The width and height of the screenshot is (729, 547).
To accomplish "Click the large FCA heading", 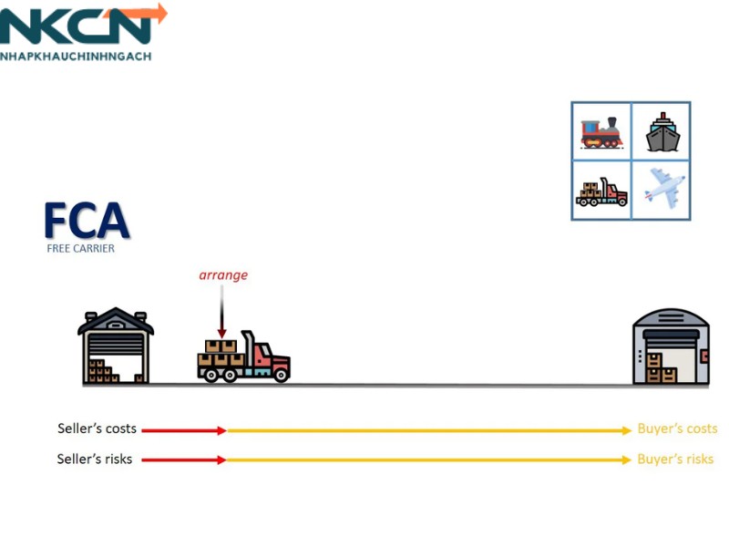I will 87,222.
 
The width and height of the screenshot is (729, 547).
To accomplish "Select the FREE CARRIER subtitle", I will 81,248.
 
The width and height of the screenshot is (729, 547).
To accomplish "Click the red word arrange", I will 223,274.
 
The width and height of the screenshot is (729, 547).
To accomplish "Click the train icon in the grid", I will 601,133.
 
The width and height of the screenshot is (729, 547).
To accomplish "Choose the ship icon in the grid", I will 662,133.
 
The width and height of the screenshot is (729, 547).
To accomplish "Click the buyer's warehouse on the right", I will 671,347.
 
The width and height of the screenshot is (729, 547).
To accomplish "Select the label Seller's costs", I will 97,428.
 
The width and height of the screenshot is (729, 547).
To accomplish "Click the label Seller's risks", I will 95,459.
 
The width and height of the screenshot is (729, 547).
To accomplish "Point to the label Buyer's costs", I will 677,428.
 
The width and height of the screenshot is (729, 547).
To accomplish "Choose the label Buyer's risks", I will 675,459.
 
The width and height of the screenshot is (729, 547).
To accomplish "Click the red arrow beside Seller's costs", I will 183,429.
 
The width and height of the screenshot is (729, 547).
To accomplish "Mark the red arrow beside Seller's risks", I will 183,459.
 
